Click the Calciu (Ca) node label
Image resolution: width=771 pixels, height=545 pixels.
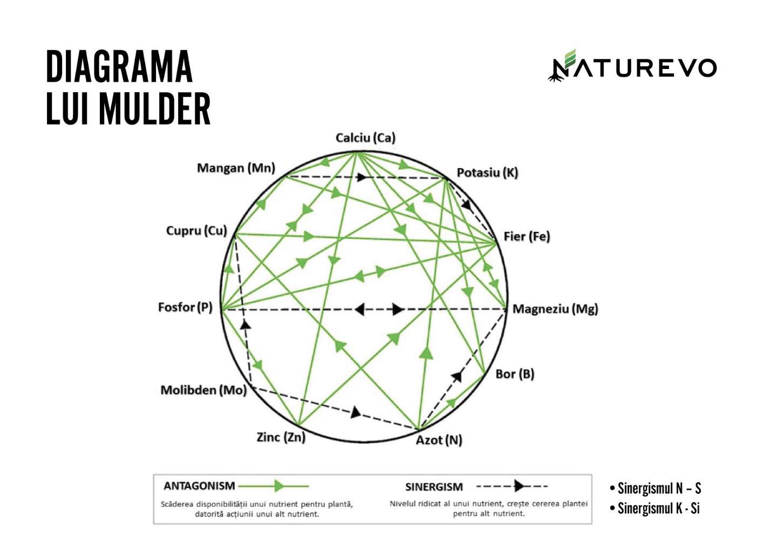tap(365, 138)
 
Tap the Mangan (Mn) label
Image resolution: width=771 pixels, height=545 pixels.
tap(236, 168)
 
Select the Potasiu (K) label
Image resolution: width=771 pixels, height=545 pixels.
tap(487, 173)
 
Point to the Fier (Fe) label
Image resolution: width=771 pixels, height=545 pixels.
tap(526, 237)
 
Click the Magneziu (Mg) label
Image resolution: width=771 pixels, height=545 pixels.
tap(555, 309)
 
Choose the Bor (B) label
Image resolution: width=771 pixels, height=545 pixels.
tap(515, 374)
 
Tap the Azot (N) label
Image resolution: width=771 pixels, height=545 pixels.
tap(439, 440)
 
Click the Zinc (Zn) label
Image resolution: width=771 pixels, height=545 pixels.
tap(281, 437)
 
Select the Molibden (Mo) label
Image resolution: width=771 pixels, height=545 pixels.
tap(203, 390)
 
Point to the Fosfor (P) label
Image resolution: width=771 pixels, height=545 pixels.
tap(185, 308)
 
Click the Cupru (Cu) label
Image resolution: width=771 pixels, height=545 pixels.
tap(196, 231)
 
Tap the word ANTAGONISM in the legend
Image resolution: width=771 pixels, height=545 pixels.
tap(199, 486)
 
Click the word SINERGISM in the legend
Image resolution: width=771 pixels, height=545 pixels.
tap(434, 487)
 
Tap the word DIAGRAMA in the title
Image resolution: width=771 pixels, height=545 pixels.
tap(119, 67)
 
